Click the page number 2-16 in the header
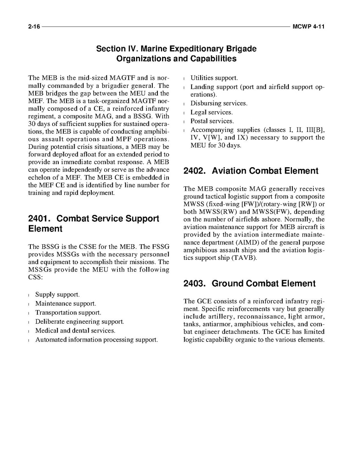point(34,27)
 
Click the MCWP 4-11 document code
point(308,27)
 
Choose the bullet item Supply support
point(57,294)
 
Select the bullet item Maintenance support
point(65,303)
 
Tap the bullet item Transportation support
point(68,312)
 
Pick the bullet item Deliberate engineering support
point(79,322)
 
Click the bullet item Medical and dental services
point(75,331)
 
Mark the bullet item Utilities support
point(214,78)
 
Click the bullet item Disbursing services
point(218,103)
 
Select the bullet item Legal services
point(211,112)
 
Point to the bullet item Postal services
point(212,121)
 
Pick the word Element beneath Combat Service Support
point(45,229)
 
